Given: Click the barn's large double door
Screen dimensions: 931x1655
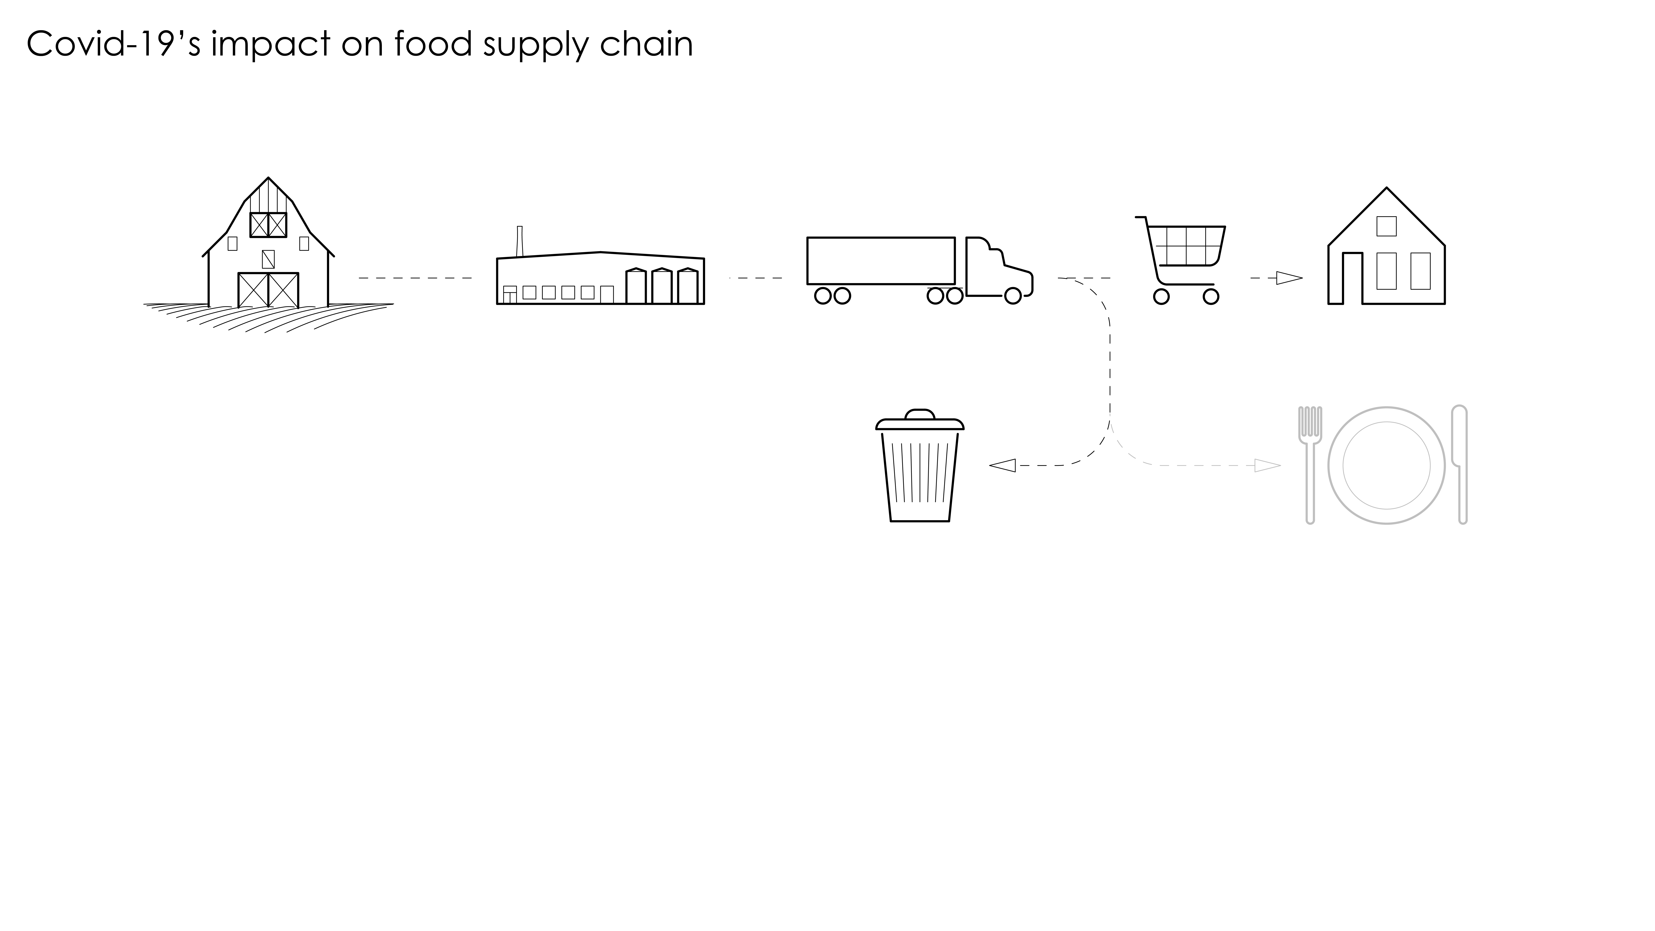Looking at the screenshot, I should coord(268,290).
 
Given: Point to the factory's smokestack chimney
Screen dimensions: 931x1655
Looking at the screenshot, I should coord(519,241).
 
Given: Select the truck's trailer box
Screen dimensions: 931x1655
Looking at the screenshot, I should coord(880,260).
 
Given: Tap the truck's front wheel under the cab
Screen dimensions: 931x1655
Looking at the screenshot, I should coord(1012,296).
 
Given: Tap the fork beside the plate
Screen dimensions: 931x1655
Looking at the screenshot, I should coord(1310,463).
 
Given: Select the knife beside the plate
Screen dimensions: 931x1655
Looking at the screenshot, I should coord(1460,463).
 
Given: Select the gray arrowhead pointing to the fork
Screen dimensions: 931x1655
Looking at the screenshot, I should coord(1267,465).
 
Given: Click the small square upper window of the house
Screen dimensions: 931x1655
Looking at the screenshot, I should coord(1386,226).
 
